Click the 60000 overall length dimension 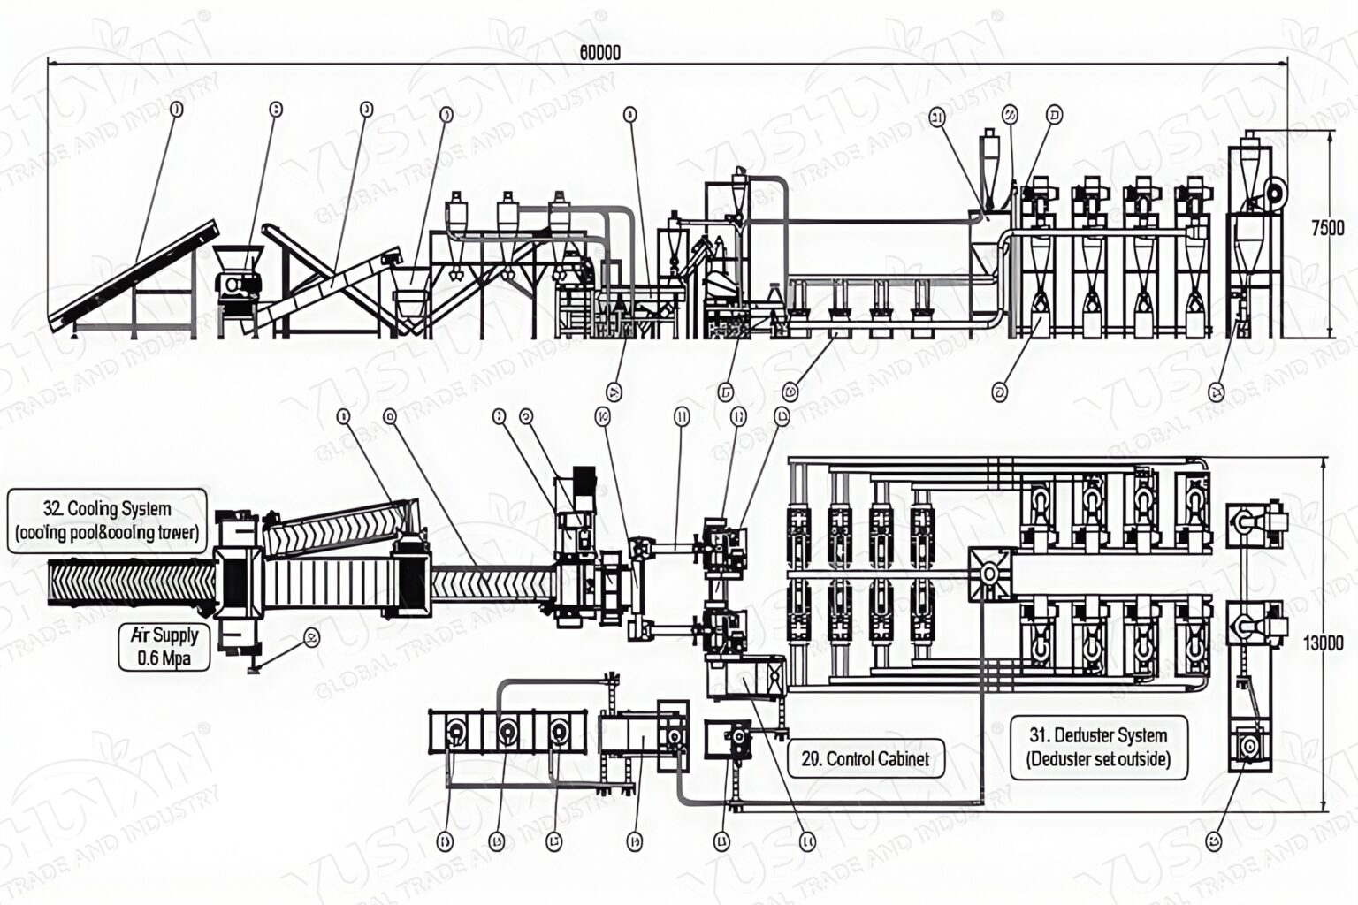tap(599, 53)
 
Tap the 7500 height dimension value tap(1326, 228)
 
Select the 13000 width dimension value tap(1324, 643)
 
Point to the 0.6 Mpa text tap(164, 658)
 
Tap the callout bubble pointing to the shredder tap(276, 109)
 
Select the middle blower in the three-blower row tap(507, 733)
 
